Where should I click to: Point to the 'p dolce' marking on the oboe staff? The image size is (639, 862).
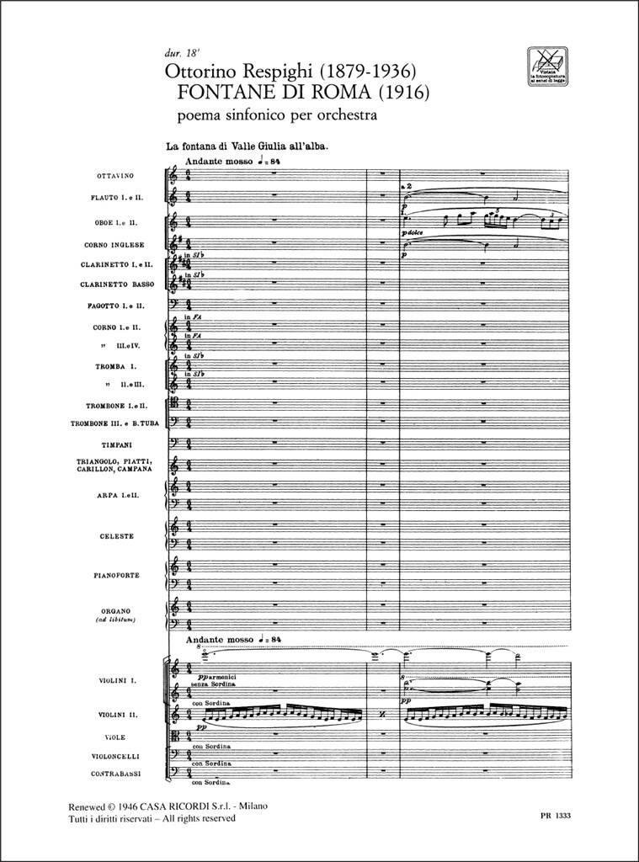413,231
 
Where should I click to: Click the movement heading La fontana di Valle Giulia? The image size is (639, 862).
246,146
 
